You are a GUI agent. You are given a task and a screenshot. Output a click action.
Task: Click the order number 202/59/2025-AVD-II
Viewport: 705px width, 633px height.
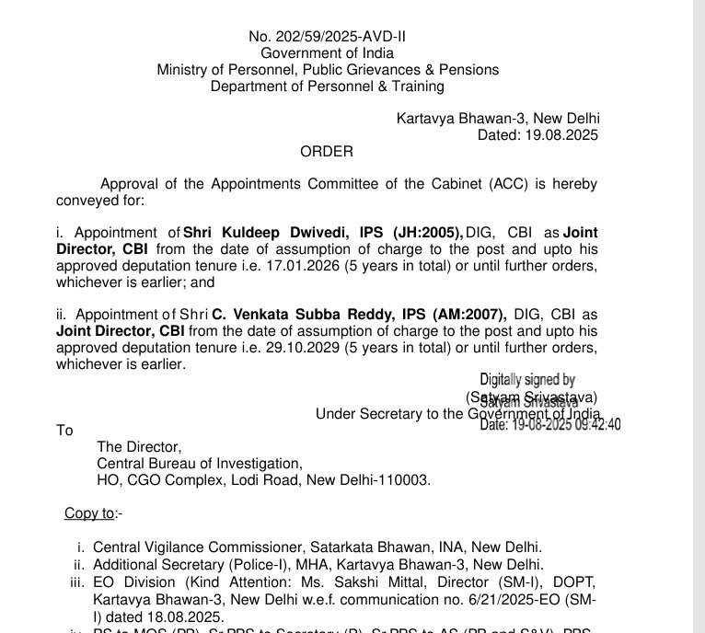(327, 37)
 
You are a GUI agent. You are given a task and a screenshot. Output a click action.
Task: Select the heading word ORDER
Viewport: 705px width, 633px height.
(327, 151)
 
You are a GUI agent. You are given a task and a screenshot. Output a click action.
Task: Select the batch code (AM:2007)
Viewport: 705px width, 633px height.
(465, 315)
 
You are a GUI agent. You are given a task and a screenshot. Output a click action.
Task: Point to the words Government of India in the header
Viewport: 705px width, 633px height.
(327, 53)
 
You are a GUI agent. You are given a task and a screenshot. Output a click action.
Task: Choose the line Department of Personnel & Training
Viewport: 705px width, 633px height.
(327, 86)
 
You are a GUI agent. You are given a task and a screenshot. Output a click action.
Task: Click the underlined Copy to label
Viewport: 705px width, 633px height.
(89, 512)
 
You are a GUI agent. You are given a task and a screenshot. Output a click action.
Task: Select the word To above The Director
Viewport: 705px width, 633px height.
(64, 430)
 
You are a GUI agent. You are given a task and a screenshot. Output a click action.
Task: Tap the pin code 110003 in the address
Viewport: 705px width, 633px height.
(410, 479)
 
